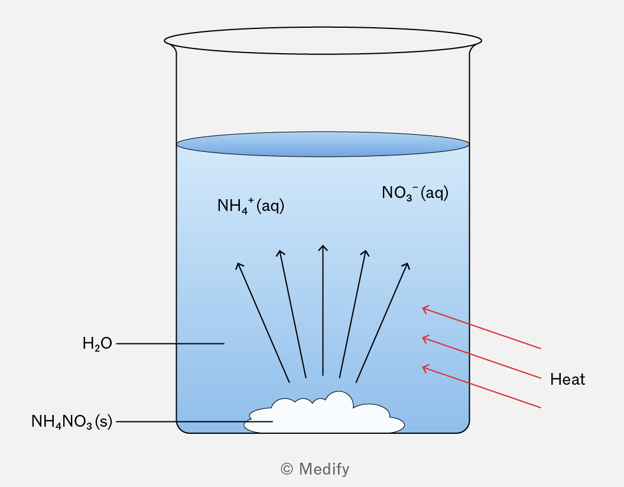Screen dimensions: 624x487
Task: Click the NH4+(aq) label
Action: click(251, 206)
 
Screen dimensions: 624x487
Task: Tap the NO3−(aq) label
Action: click(415, 193)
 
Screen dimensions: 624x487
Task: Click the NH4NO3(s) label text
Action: click(71, 422)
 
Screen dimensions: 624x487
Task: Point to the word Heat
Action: click(567, 379)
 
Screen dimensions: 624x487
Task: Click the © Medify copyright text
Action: click(315, 469)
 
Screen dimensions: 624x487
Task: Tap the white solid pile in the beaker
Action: click(324, 414)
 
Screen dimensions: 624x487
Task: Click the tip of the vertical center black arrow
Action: click(323, 245)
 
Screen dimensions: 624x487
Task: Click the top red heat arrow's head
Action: click(425, 309)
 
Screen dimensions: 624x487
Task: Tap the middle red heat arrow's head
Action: click(425, 339)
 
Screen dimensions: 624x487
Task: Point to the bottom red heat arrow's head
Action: click(425, 368)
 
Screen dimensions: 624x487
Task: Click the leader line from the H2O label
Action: click(170, 343)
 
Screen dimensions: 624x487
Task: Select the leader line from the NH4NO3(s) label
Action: click(194, 421)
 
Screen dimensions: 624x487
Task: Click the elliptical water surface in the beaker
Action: click(323, 144)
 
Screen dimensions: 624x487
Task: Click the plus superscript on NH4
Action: click(251, 200)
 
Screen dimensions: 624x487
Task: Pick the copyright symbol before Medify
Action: click(287, 469)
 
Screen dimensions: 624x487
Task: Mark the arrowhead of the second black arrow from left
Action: click(280, 252)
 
